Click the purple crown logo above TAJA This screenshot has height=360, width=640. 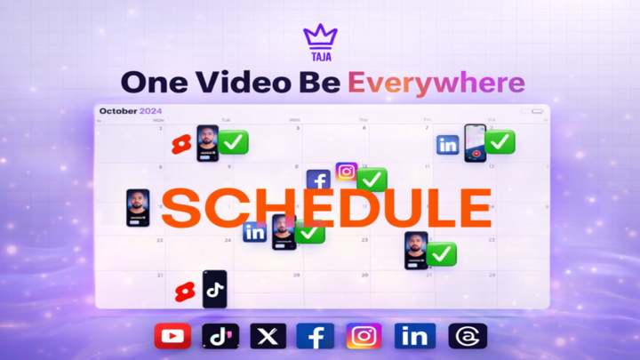pos(320,36)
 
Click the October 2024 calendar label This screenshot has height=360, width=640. pos(132,111)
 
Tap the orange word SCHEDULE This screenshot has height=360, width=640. pos(325,208)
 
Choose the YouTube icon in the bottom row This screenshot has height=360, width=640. pos(172,336)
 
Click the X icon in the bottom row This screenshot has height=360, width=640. pos(268,336)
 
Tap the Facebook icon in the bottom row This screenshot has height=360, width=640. pos(316,336)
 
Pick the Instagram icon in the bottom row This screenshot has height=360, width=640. pos(364,336)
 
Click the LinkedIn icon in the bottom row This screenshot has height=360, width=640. pos(413,336)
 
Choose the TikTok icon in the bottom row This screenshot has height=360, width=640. pos(220,336)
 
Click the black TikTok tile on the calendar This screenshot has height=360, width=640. pos(214,289)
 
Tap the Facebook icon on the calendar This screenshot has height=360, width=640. pos(318,180)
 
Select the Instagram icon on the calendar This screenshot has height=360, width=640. pos(346,172)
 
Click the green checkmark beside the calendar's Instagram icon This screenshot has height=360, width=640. pos(372,180)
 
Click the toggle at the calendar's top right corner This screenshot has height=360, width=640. pos(537,112)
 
